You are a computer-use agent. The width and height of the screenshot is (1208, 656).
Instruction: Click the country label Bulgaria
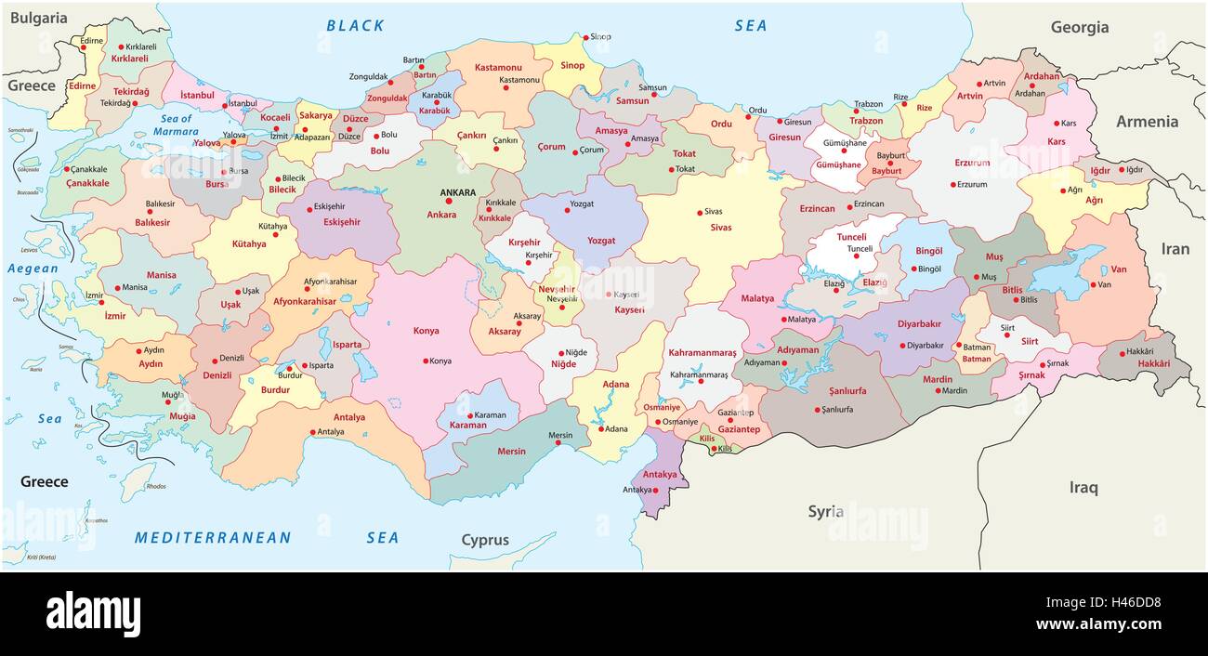[38, 18]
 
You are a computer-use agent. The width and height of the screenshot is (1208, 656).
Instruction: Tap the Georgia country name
[1079, 27]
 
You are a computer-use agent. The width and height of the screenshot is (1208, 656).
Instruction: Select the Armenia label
[1146, 122]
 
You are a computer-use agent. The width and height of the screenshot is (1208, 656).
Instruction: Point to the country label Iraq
[1083, 487]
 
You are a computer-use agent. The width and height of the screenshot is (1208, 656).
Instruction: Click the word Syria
[825, 511]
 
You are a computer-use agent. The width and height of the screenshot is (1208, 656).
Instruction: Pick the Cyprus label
[485, 540]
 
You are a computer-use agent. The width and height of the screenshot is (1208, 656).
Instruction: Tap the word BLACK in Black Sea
[355, 26]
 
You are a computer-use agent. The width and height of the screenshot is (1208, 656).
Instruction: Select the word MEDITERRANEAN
[213, 537]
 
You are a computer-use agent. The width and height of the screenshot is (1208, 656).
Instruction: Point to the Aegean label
[33, 269]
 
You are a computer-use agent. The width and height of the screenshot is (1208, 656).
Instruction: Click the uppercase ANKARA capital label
[457, 193]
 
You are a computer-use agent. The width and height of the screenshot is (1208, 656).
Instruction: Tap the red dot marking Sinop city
[585, 38]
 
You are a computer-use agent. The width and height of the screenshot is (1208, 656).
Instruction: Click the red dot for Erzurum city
[952, 184]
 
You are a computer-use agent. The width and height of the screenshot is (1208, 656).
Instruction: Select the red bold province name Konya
[427, 330]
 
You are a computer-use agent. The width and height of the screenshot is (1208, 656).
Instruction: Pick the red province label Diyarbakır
[893, 324]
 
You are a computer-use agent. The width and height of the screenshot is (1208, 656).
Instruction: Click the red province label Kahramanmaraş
[702, 353]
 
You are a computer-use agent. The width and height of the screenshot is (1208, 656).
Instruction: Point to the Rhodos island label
[155, 486]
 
